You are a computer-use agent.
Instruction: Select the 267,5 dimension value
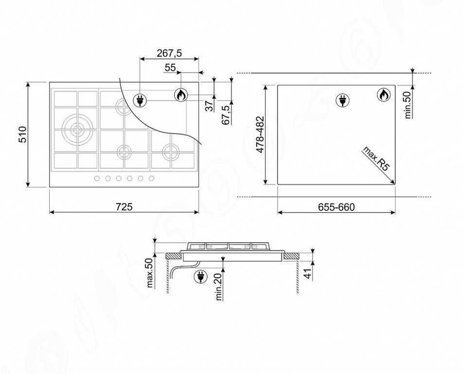click(169, 53)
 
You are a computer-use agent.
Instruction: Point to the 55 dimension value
click(170, 67)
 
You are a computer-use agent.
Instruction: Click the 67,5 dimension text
click(225, 115)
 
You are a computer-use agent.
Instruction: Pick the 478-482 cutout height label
click(261, 135)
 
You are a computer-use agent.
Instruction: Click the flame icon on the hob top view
click(181, 95)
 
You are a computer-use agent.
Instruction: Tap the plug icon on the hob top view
click(141, 99)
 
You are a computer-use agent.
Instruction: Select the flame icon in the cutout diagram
click(383, 95)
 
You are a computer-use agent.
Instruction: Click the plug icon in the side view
click(200, 276)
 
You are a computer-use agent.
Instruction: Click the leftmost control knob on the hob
click(98, 178)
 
